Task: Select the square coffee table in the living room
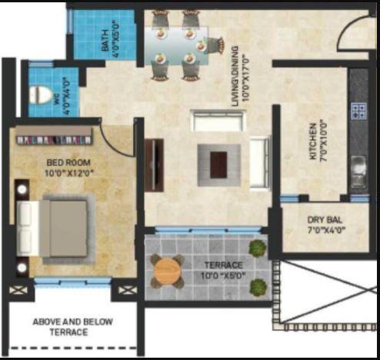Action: click(x=218, y=161)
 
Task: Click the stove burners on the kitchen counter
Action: click(x=358, y=110)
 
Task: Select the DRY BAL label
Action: click(x=327, y=222)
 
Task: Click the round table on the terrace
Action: click(x=167, y=272)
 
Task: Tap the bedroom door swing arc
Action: click(x=116, y=139)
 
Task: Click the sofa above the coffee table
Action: click(x=218, y=121)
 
